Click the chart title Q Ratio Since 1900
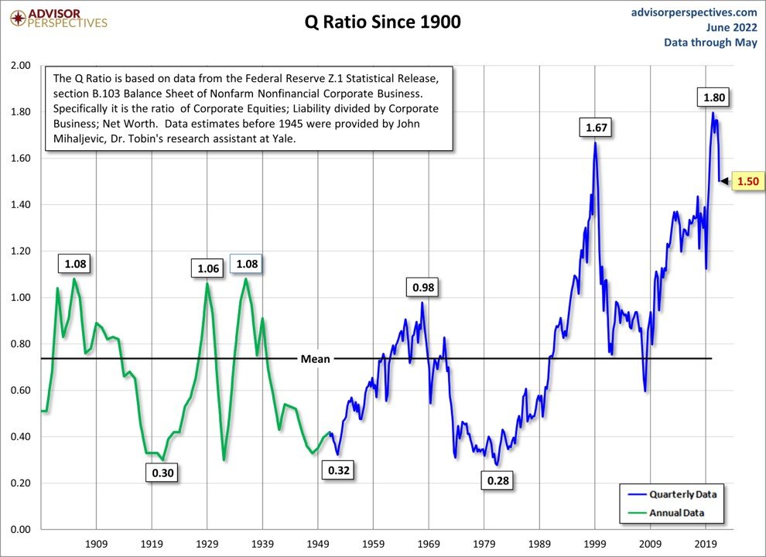(382, 22)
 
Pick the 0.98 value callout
(422, 287)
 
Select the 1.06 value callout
(208, 268)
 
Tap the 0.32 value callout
(338, 470)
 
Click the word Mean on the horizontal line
(315, 358)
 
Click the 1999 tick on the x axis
(595, 544)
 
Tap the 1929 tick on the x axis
(207, 544)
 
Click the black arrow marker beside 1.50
(724, 181)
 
